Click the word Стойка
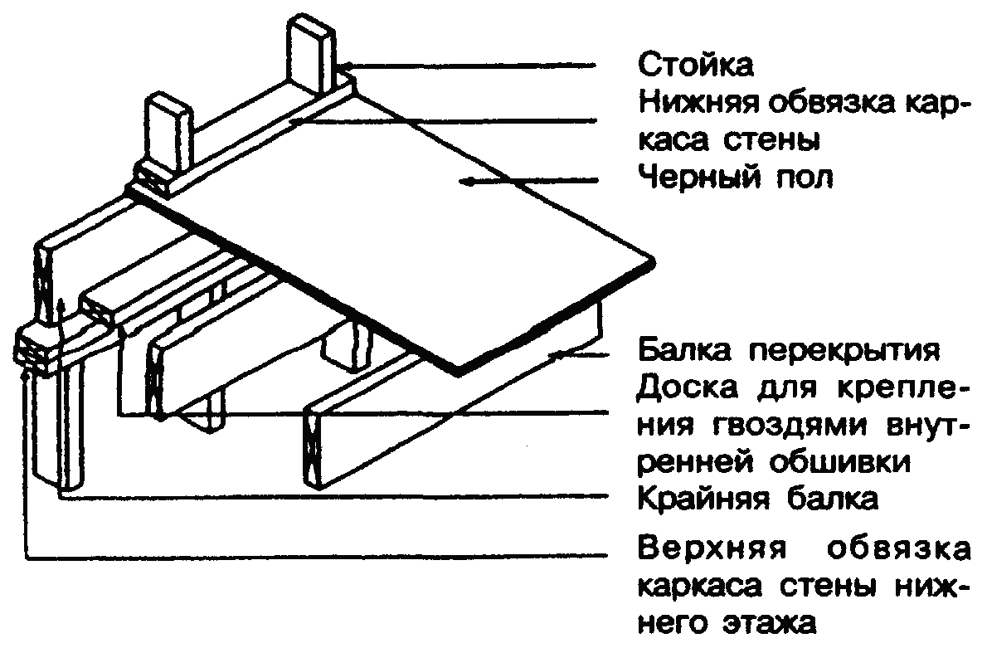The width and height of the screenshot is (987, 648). [x=696, y=64]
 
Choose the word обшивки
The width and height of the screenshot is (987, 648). [x=839, y=463]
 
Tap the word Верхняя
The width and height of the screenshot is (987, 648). [x=712, y=548]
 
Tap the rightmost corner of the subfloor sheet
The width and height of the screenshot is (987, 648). [x=654, y=261]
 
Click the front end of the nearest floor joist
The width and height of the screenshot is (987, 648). [x=314, y=448]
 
